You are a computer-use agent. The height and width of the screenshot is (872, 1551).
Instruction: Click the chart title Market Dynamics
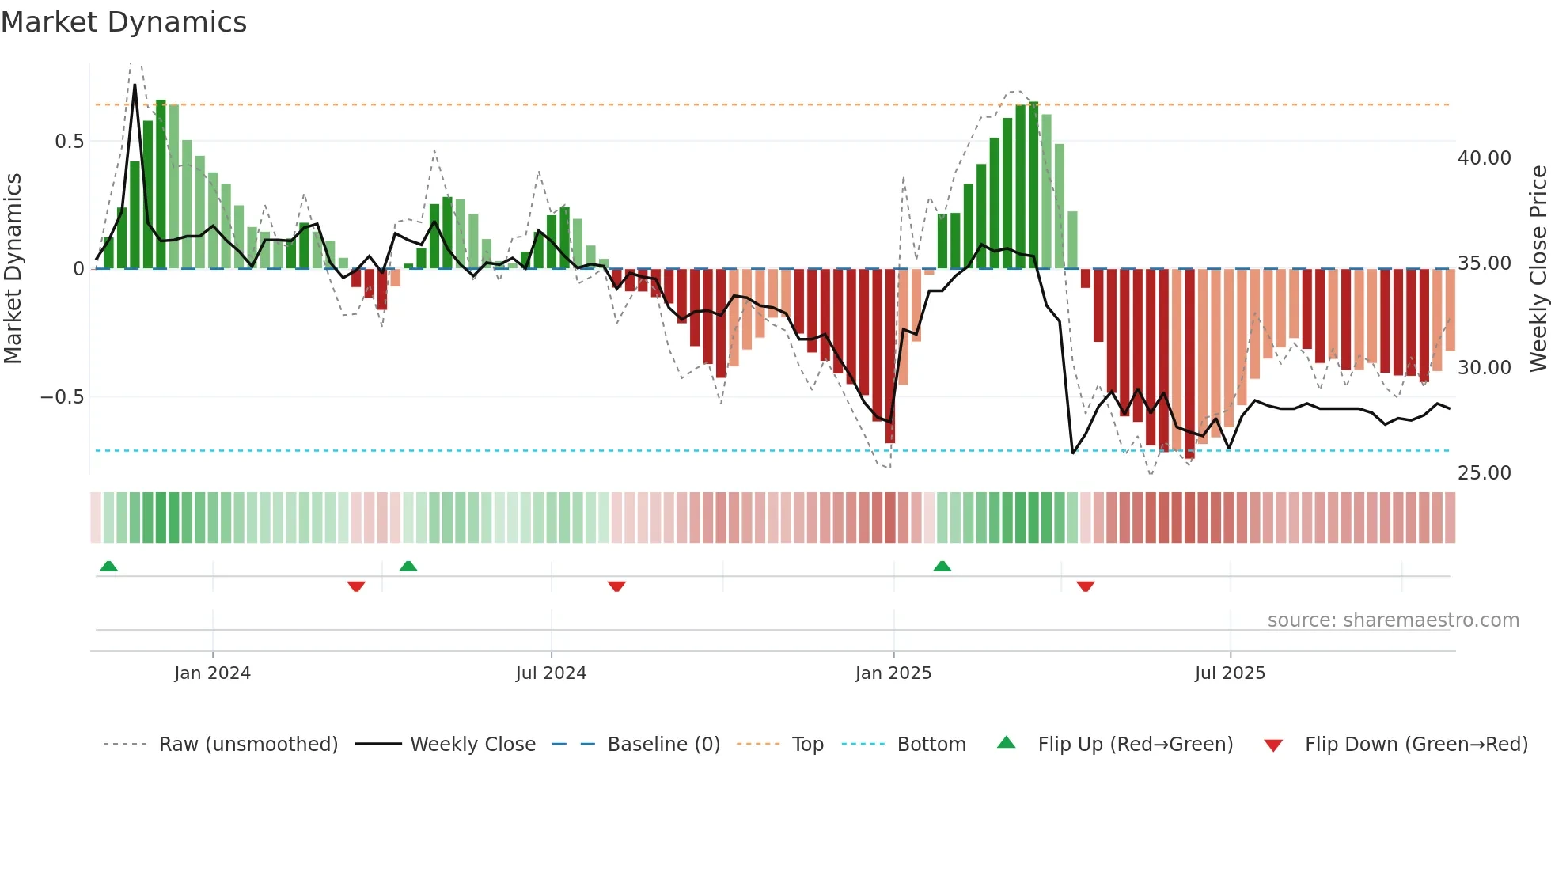click(123, 22)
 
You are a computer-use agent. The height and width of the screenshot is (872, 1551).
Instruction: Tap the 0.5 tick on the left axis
click(69, 142)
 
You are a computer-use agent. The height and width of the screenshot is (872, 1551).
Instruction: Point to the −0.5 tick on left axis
click(63, 397)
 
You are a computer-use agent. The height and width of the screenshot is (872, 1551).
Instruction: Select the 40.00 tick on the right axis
click(1484, 158)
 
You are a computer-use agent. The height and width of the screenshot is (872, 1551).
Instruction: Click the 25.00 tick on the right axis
click(1484, 473)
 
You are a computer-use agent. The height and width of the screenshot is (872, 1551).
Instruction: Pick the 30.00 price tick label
click(1484, 368)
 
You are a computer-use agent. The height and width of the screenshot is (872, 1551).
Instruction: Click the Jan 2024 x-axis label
click(212, 673)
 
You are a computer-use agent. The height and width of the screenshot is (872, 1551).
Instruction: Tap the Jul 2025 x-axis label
click(1230, 673)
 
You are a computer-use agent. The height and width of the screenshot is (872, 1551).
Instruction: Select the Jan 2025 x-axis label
click(893, 673)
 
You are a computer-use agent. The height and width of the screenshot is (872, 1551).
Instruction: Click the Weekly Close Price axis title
click(1538, 269)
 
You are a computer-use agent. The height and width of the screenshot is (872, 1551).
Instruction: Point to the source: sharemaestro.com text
click(1393, 620)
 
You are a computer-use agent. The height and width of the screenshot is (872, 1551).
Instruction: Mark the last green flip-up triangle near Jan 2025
click(942, 567)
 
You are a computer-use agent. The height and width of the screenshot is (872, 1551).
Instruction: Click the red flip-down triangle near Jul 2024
click(616, 586)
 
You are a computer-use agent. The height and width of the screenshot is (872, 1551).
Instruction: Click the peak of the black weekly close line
click(135, 85)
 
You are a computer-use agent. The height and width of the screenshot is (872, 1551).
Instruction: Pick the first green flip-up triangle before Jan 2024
click(108, 567)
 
